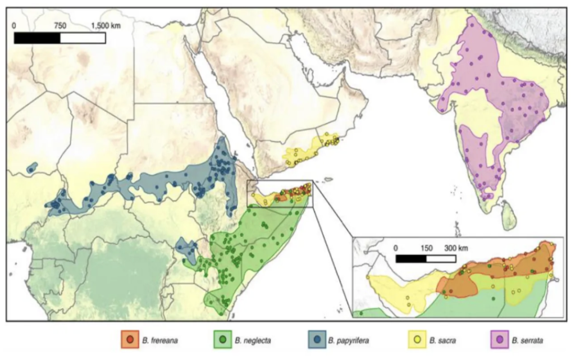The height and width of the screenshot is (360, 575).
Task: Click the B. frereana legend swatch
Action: point(130,340)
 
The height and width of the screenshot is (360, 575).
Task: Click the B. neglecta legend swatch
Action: point(223,340)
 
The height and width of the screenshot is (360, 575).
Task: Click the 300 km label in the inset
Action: point(456,248)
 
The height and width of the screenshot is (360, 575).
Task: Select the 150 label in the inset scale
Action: point(426,248)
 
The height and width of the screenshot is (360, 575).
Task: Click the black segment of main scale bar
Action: point(37,38)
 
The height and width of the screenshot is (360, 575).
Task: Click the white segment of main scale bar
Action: point(83,38)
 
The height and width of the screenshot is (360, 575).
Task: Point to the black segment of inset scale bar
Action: point(410,259)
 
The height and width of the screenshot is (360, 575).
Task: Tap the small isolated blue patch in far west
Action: point(32,167)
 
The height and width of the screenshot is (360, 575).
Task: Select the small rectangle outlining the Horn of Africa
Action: point(280,194)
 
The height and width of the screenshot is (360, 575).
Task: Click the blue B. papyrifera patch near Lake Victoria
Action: point(186,249)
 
